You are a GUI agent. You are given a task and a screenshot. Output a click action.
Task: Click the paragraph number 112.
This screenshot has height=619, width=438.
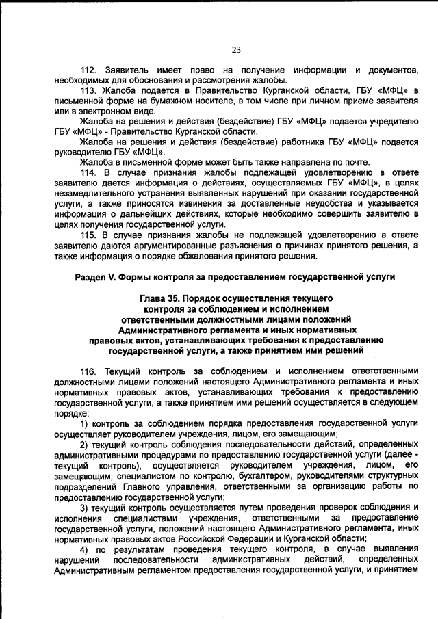89,70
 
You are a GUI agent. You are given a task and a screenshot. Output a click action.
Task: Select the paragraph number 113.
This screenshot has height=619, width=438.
89,91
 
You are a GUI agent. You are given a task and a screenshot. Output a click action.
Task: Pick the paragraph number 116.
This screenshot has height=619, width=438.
89,370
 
